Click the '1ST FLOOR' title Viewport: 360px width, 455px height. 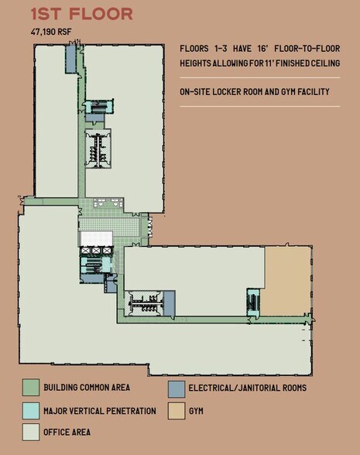(81, 13)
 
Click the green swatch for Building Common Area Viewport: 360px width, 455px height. (30, 387)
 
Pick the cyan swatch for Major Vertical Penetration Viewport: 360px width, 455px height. (30, 410)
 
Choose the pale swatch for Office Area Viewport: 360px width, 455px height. (30, 432)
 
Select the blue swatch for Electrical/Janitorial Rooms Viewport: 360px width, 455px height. (176, 387)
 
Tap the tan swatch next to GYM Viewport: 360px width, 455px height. (176, 410)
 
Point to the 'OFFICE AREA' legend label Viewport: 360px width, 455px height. (68, 433)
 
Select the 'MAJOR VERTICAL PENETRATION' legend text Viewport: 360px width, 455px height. (99, 411)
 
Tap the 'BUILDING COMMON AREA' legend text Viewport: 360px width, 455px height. (87, 388)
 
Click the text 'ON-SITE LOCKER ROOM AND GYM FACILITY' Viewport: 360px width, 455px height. (255, 92)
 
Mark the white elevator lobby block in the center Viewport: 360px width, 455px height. (97, 238)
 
